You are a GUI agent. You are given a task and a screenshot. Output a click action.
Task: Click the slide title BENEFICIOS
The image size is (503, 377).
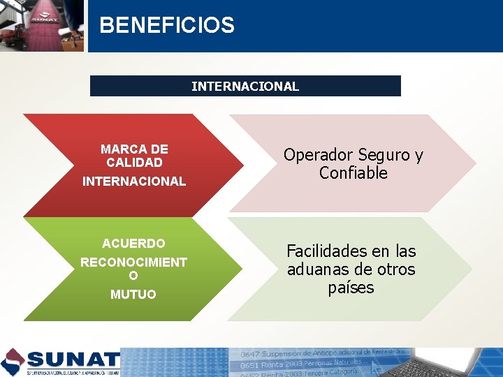click(167, 26)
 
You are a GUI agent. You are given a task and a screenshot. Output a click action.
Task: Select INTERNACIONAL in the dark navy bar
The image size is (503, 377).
click(245, 87)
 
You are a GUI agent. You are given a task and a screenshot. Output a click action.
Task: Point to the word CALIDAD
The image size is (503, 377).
click(134, 163)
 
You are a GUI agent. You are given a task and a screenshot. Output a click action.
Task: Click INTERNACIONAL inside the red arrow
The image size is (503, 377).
click(134, 182)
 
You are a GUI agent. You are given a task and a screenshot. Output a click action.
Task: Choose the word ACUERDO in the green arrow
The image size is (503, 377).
click(133, 244)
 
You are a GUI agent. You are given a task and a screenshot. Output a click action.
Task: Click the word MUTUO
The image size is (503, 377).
click(133, 295)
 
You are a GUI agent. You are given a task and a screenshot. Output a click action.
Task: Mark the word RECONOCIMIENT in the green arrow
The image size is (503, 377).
click(133, 263)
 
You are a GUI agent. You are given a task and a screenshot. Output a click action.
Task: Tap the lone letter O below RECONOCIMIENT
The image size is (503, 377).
click(133, 276)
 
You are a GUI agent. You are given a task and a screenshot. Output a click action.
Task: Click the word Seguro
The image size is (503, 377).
click(380, 155)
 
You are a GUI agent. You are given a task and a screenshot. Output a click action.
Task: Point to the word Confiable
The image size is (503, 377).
click(353, 173)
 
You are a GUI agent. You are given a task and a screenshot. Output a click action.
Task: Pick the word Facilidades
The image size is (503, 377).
click(328, 251)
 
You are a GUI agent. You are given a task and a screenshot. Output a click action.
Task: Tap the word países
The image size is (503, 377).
click(351, 288)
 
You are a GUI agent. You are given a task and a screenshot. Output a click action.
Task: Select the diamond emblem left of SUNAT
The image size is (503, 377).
click(13, 362)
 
